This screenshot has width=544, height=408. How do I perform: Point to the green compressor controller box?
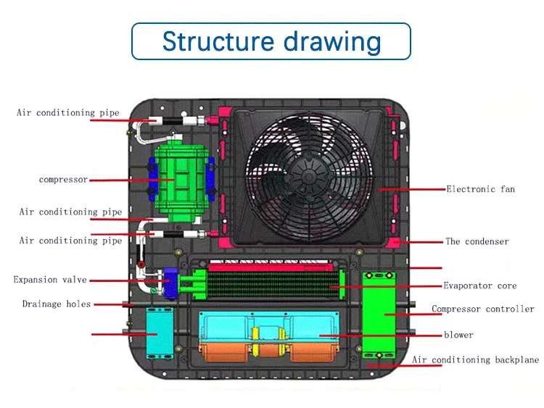(379, 313)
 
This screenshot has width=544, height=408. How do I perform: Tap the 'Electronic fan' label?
(480, 189)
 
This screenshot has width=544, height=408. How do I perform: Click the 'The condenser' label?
(477, 241)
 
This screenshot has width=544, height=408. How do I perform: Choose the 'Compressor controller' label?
(483, 309)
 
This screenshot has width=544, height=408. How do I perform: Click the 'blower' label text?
(458, 335)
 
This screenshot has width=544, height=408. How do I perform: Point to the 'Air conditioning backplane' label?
(476, 360)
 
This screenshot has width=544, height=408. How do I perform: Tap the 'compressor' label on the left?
(63, 179)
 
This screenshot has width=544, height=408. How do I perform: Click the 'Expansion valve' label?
(50, 280)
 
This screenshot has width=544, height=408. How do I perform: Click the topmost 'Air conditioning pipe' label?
(67, 113)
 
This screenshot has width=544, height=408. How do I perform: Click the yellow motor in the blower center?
(267, 335)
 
